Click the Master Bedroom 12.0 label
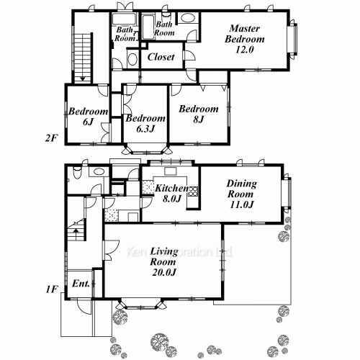coord(245,40)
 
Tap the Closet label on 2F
coord(161,58)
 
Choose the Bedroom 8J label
coord(198,114)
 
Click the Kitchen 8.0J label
coord(171,194)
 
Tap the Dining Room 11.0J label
coord(240,194)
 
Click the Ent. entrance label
coord(81,284)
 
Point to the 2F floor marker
coord(50,138)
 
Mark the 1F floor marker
coord(50,290)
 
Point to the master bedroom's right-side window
coord(293,42)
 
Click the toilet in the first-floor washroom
coord(96,171)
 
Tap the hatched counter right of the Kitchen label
coord(194,194)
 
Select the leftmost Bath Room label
coord(124,34)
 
